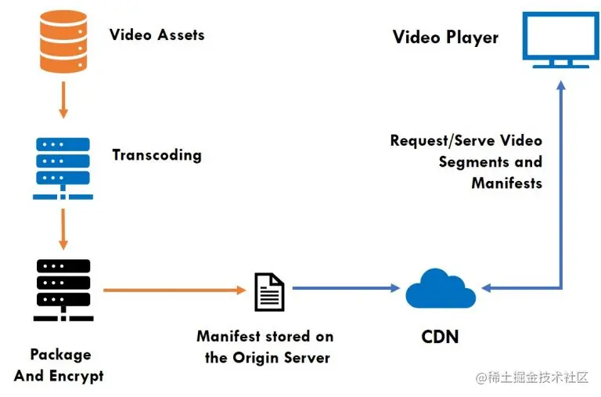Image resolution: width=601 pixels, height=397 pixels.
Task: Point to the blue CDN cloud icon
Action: (440, 290)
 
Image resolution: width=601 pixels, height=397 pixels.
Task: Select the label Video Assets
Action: (157, 34)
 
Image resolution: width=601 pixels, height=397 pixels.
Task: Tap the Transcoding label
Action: (157, 154)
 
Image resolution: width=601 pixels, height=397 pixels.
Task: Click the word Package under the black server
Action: (60, 355)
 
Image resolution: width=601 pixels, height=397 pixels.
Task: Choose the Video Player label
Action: (445, 37)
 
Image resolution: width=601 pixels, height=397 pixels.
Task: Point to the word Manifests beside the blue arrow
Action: (506, 183)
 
